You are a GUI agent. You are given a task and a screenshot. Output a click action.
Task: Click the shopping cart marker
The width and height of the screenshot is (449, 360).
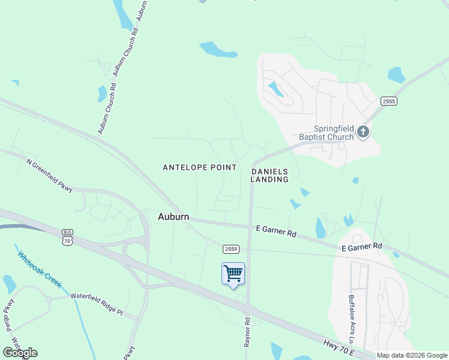click(233, 274)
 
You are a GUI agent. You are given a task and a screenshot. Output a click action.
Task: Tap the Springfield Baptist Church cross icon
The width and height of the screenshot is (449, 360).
click(363, 131)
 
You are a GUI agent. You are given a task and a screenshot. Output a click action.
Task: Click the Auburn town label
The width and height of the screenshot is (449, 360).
click(173, 216)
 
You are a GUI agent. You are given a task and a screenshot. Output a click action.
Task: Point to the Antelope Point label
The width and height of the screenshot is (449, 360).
click(200, 167)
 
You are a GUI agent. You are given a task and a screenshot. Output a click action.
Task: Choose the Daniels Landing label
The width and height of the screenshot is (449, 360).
click(270, 175)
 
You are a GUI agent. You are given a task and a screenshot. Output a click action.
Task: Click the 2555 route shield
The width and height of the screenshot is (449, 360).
click(388, 101)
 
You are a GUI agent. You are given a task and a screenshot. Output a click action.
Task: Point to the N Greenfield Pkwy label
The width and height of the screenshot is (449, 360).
click(49, 175)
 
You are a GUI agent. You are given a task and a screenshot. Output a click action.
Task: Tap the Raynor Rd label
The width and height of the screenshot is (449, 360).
click(247, 331)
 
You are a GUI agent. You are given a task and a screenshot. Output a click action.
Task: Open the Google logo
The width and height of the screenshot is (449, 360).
click(20, 353)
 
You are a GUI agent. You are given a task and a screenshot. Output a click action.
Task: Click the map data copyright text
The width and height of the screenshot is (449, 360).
click(412, 355)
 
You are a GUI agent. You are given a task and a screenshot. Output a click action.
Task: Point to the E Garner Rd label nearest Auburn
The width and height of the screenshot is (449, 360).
click(276, 229)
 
